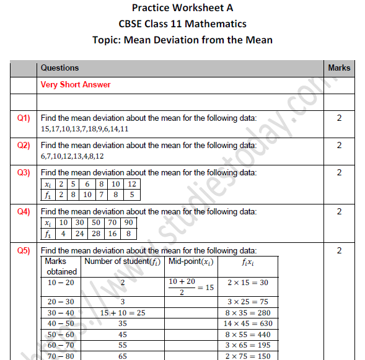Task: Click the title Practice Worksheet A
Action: pyautogui.click(x=182, y=8)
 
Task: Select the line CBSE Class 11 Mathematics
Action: pyautogui.click(x=182, y=24)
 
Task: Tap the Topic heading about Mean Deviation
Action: pyautogui.click(x=182, y=40)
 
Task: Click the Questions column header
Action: pyautogui.click(x=59, y=68)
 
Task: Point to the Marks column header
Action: pyautogui.click(x=338, y=68)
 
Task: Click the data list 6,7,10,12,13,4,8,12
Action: pyautogui.click(x=72, y=156)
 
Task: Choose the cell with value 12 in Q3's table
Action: pyautogui.click(x=131, y=185)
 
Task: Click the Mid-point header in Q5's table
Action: pyautogui.click(x=190, y=261)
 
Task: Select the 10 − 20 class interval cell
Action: pyautogui.click(x=61, y=283)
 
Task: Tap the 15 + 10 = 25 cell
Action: pyautogui.click(x=123, y=313)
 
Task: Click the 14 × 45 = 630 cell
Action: pyautogui.click(x=247, y=323)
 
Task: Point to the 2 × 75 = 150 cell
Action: pyautogui.click(x=247, y=356)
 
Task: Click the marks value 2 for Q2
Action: pyautogui.click(x=339, y=146)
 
